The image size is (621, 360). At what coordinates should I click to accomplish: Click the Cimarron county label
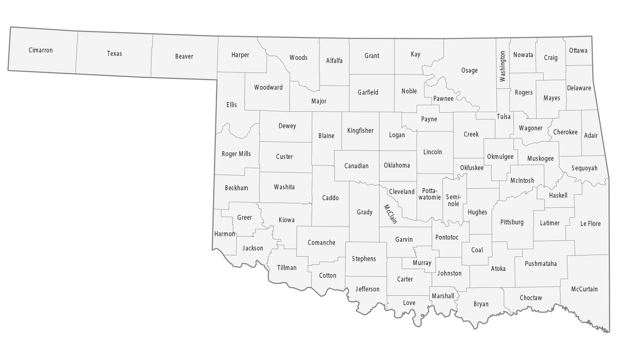[x=41, y=50]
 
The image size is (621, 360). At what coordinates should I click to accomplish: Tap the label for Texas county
[x=114, y=54]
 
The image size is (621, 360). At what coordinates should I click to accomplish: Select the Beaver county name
[x=184, y=56]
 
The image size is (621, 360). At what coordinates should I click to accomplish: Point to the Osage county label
[x=469, y=70]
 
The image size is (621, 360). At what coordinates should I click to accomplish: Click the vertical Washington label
[x=502, y=66]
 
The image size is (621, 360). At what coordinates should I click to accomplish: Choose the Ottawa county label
[x=578, y=50]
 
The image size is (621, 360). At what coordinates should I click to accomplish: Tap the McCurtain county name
[x=584, y=289]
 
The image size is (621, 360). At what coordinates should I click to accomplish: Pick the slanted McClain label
[x=390, y=214]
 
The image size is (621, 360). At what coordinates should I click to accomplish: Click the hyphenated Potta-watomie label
[x=430, y=194]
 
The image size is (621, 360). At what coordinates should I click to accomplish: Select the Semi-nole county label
[x=453, y=200]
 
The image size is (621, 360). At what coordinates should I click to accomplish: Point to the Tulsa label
[x=504, y=116]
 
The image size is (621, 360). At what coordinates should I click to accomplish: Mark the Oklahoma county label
[x=397, y=165]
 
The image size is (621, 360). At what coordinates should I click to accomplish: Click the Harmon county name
[x=225, y=234]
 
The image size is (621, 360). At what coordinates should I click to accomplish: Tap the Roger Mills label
[x=236, y=154]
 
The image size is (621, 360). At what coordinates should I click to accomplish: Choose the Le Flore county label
[x=590, y=223]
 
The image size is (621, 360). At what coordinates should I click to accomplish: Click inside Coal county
[x=477, y=250]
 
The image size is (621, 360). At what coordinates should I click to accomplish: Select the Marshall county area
[x=443, y=296]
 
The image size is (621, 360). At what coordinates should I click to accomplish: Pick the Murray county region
[x=422, y=262]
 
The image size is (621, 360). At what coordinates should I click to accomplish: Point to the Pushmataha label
[x=541, y=264]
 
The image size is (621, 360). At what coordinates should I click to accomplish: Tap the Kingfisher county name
[x=360, y=131]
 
